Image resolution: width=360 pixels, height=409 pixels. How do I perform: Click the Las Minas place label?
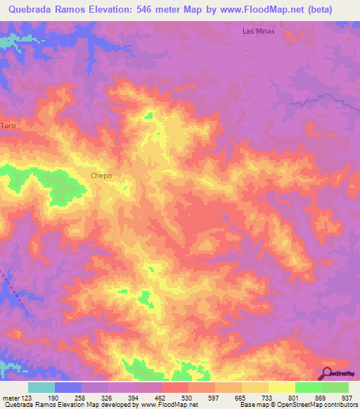(x=258, y=32)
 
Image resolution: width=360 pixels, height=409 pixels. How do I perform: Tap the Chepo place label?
(x=101, y=176)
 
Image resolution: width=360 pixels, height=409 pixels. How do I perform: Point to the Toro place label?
(x=8, y=125)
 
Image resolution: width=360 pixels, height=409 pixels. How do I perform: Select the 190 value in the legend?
(x=68, y=398)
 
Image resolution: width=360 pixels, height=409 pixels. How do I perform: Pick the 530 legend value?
(x=174, y=398)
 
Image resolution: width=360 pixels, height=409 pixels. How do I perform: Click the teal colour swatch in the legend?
(x=41, y=387)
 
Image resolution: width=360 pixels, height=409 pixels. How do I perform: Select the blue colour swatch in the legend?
(x=68, y=387)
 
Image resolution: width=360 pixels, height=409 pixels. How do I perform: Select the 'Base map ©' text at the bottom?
(x=254, y=405)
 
